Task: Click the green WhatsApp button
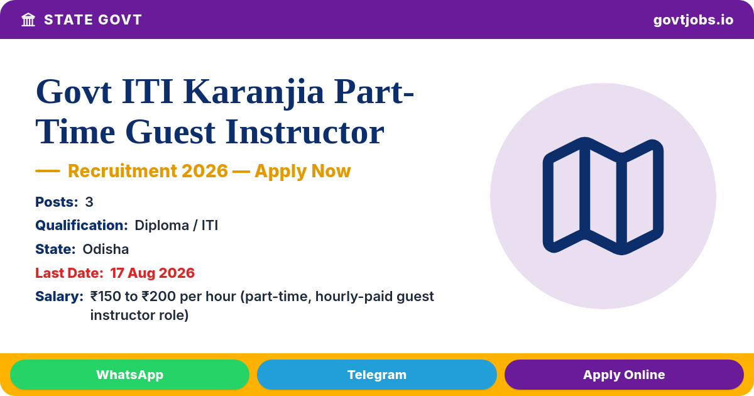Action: [129, 375]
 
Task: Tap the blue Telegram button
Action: [376, 375]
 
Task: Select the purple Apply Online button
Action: [624, 375]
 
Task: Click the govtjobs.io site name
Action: [693, 20]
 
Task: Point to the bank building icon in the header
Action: [28, 20]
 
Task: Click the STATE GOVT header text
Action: [93, 20]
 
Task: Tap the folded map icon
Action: [603, 196]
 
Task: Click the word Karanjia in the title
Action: [253, 92]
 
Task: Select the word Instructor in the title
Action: [305, 132]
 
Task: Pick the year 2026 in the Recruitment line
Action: [205, 171]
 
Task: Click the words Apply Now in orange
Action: [303, 171]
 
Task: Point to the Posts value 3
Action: [89, 202]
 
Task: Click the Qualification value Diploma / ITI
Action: [177, 225]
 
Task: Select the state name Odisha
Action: [106, 249]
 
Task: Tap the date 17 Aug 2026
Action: [153, 273]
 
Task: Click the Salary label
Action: [59, 296]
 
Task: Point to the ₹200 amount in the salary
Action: [158, 296]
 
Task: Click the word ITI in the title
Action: [147, 92]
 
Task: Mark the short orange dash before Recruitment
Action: [48, 171]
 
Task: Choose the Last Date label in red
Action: [69, 273]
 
